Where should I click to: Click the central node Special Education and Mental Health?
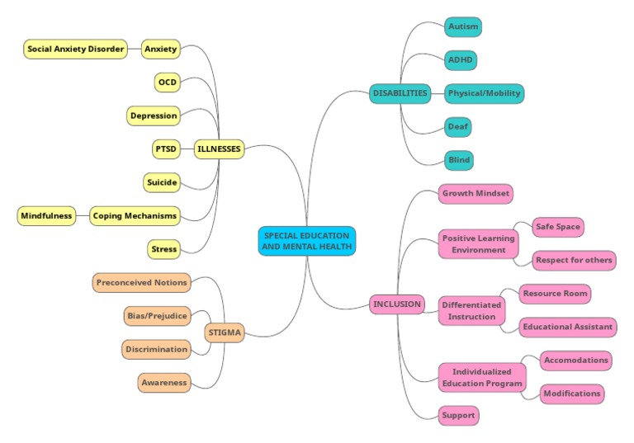(x=307, y=241)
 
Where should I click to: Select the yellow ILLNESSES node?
(x=219, y=149)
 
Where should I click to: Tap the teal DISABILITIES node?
(x=400, y=93)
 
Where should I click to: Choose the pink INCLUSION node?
(x=397, y=304)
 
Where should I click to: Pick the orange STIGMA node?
(x=224, y=332)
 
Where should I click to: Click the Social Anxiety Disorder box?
(x=76, y=49)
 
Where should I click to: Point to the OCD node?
(x=168, y=82)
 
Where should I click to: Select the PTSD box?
(x=165, y=149)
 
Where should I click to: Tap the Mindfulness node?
(x=46, y=216)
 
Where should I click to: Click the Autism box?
(x=462, y=27)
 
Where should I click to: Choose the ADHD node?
(x=461, y=60)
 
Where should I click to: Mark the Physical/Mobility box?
(x=484, y=93)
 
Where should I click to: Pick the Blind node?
(x=458, y=160)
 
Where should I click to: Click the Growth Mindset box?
(x=475, y=194)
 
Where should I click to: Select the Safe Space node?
(x=557, y=226)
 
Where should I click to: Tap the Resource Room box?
(x=555, y=294)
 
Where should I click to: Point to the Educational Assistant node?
(x=568, y=327)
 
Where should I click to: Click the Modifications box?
(x=571, y=394)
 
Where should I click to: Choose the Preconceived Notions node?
(x=142, y=282)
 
